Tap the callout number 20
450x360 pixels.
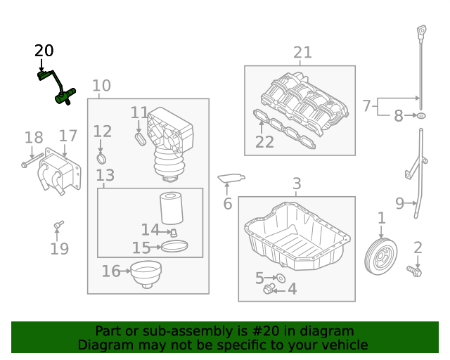tap(44, 51)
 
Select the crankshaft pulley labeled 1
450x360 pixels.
tap(381, 256)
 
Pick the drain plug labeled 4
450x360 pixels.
tap(268, 289)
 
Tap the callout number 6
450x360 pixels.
tap(227, 205)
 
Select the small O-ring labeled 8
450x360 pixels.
tap(420, 115)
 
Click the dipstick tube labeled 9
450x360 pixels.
tap(418, 176)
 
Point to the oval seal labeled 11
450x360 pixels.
tap(140, 139)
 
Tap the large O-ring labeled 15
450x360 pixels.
tap(175, 246)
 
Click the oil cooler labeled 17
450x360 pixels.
tap(56, 174)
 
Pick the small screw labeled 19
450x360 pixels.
tap(58, 224)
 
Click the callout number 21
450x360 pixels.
tap(302, 52)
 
